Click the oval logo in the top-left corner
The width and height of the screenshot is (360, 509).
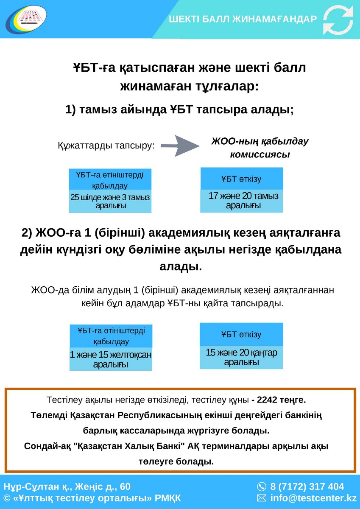pos(26,19)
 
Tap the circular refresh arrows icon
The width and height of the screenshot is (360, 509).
pos(338,20)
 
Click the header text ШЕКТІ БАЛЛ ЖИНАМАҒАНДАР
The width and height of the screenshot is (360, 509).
pos(243,19)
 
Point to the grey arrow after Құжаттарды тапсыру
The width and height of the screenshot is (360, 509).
pos(180,145)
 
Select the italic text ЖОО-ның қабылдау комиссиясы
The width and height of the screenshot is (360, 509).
pos(260,148)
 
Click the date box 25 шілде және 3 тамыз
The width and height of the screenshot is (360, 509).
pos(110,201)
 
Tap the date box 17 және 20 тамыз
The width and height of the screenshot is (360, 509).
pos(242,201)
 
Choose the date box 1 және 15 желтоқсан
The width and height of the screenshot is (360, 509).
pos(111,359)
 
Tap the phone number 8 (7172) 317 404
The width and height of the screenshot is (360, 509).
pos(307,487)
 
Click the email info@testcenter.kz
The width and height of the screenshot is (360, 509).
pos(313,498)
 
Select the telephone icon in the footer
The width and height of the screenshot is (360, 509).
pos(262,487)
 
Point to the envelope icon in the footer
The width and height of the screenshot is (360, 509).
pos(262,498)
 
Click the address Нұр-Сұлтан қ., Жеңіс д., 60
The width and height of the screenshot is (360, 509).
pos(67,487)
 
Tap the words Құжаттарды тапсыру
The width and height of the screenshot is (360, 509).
pos(106,145)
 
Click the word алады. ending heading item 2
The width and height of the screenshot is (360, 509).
pos(181,266)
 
